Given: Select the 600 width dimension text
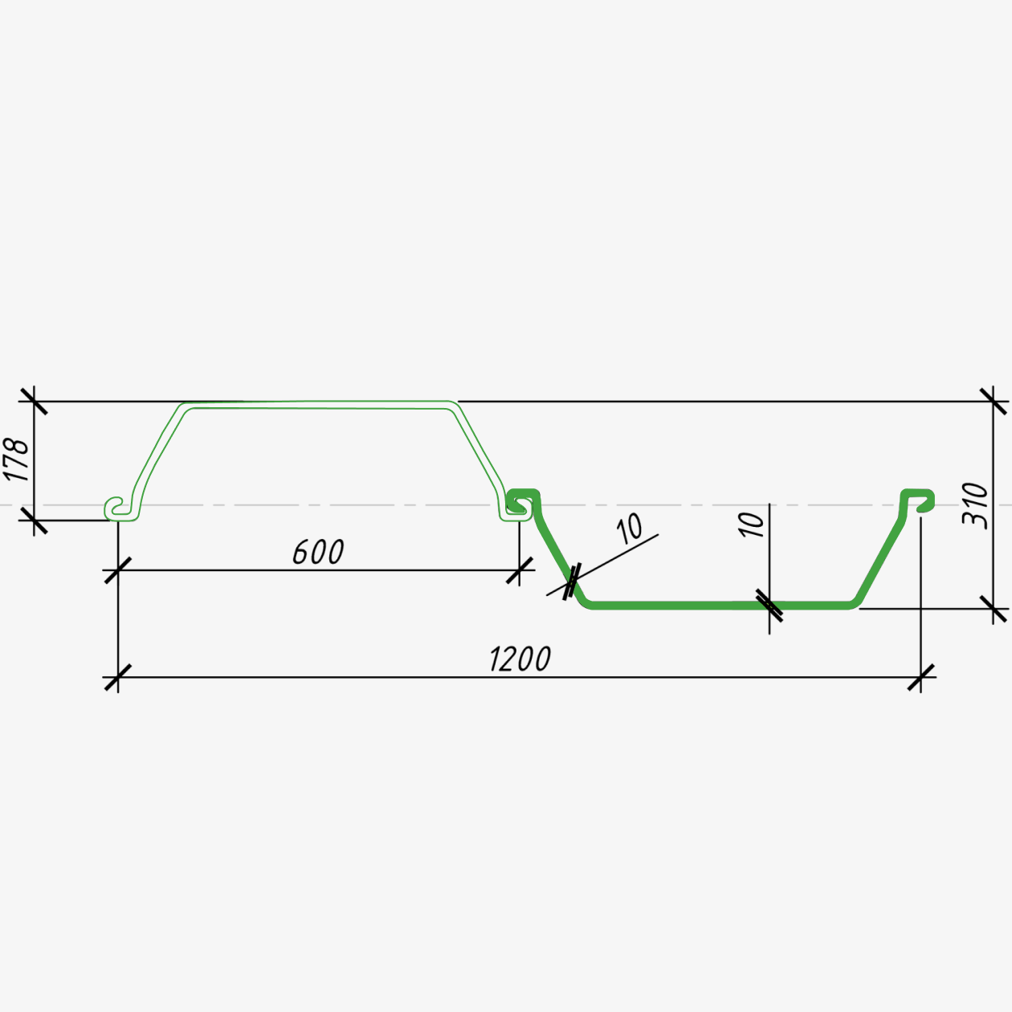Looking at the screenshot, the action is point(318,552).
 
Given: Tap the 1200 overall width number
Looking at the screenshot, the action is point(520,659).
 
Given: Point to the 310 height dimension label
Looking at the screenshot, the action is point(975,504).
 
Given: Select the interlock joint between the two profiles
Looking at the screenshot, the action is point(519,504).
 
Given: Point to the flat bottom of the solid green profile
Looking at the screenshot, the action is point(720,605).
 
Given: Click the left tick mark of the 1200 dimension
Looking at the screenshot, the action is point(117,677).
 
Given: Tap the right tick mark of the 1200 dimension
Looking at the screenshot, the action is point(920,677).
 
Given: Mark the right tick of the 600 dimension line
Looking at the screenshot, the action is point(520,570).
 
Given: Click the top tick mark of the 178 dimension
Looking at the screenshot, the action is point(35,402).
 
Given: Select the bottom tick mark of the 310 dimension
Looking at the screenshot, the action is point(993,609).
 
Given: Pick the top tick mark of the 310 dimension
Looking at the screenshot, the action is point(993,402).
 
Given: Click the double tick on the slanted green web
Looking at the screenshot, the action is point(571,581).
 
